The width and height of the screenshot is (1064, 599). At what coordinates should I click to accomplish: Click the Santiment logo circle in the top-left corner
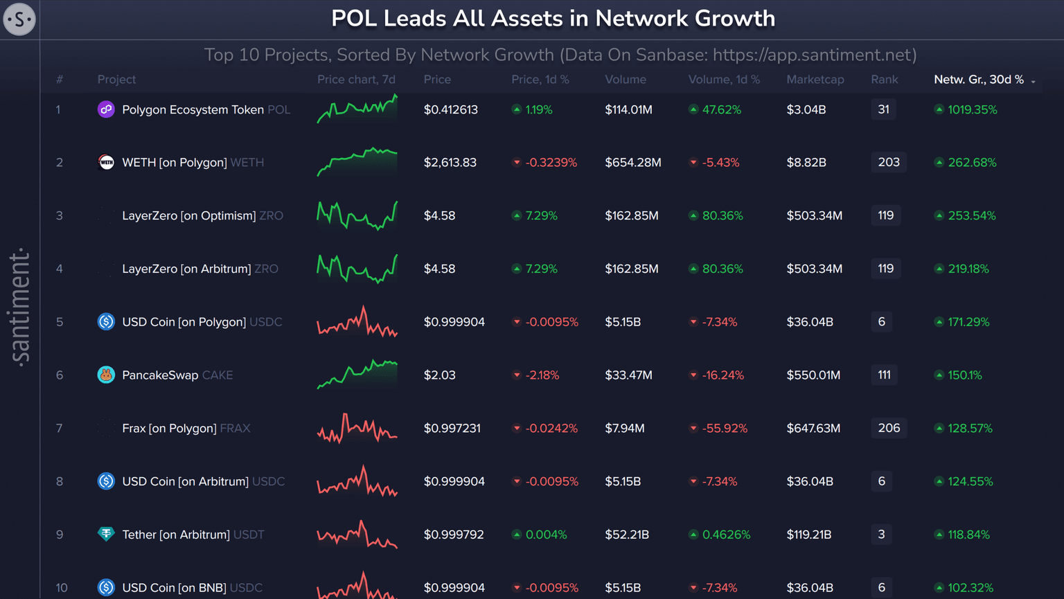tap(19, 19)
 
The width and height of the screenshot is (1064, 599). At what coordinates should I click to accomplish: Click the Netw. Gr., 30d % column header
tap(978, 80)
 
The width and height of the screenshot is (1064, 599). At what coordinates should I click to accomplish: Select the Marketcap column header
tap(815, 80)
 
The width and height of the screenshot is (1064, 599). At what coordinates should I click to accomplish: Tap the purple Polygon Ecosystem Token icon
tap(106, 109)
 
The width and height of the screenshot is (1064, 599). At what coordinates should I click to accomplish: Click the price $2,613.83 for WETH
tap(450, 163)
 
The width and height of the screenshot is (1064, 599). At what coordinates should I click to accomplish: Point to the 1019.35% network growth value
tap(972, 109)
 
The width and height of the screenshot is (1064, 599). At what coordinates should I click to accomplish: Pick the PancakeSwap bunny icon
tap(106, 375)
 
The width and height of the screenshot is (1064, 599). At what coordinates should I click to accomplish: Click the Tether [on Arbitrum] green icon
tap(106, 534)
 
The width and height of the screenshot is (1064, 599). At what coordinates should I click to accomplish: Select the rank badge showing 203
tap(888, 162)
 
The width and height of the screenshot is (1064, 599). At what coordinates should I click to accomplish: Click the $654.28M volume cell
tap(632, 163)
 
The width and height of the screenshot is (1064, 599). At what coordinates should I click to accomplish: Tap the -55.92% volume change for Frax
tap(724, 429)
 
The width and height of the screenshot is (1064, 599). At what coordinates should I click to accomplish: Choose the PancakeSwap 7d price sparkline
tap(357, 374)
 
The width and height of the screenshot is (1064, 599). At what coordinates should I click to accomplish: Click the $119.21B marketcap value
tap(808, 535)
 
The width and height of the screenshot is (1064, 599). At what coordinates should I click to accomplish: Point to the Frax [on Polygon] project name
tap(169, 429)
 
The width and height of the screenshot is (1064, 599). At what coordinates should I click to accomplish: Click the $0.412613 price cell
tap(450, 109)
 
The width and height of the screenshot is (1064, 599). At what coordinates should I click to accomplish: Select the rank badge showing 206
tap(888, 428)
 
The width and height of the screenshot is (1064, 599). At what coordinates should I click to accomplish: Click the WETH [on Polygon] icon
tap(106, 162)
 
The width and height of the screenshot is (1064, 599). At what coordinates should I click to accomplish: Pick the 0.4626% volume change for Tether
tap(726, 535)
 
